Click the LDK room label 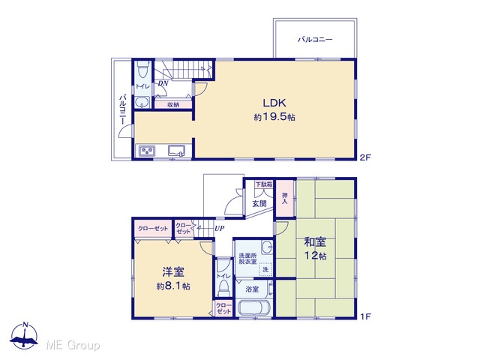[x=274, y=103]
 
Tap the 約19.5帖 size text [x=274, y=117]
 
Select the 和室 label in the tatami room [x=315, y=241]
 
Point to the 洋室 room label [x=173, y=271]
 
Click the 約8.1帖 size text [x=173, y=286]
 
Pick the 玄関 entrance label [x=259, y=203]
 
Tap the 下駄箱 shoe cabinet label [x=264, y=184]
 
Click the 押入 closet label [x=285, y=198]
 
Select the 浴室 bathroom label [x=252, y=289]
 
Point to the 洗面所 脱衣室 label [x=247, y=258]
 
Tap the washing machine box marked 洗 [x=265, y=269]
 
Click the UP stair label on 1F [x=219, y=228]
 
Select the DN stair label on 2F [x=163, y=83]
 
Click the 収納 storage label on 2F [x=173, y=105]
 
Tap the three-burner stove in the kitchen [x=147, y=151]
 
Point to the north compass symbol [x=24, y=335]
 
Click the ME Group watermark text [x=73, y=345]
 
